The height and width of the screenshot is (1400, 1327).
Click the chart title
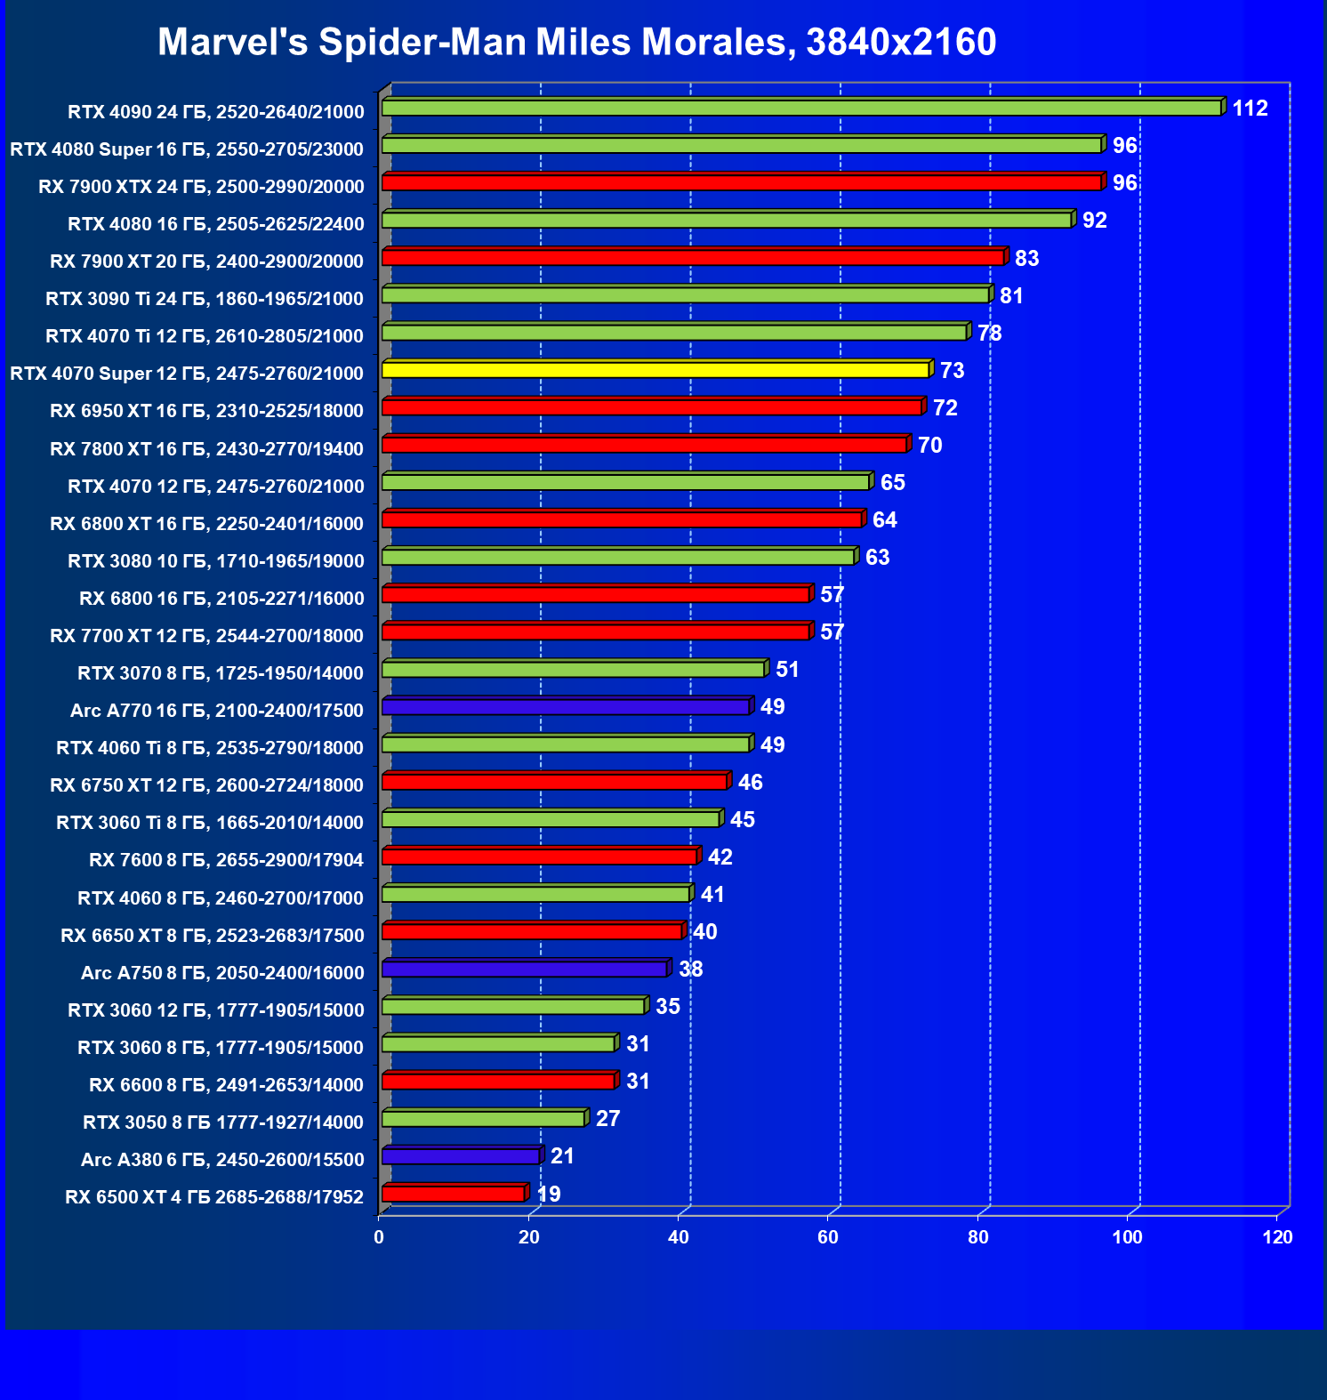[576, 42]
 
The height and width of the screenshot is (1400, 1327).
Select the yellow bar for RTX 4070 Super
[656, 369]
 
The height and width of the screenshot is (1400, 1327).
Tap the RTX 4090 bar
[800, 108]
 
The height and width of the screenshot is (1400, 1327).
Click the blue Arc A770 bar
[566, 707]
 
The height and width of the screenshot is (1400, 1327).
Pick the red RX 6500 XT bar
[454, 1194]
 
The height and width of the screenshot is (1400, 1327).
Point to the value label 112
[1250, 109]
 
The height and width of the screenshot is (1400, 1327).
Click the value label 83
[1026, 258]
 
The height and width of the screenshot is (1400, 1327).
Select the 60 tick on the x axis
[828, 1237]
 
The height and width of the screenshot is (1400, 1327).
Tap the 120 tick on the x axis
[1277, 1237]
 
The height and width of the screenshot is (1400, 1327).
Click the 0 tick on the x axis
[380, 1237]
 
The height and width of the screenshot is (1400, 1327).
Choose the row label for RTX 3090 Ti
[205, 299]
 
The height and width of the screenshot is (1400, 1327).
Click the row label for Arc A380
[222, 1160]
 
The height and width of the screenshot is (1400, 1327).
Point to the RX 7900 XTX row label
[201, 187]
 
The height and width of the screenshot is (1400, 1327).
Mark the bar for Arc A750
[525, 969]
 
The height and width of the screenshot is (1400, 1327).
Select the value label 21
[562, 1156]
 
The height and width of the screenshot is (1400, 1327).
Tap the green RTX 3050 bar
[484, 1118]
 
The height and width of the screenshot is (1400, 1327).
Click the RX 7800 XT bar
[645, 444]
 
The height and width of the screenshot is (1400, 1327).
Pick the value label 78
[989, 333]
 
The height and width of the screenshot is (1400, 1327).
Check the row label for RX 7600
[226, 860]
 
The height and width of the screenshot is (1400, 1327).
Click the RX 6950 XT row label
[206, 411]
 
